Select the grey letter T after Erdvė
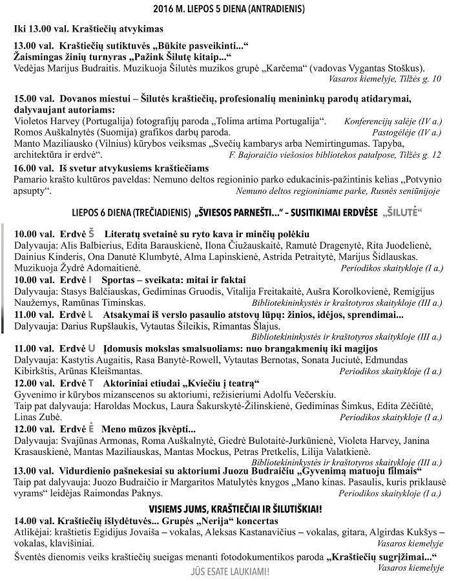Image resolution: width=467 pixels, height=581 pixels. pyautogui.click(x=90, y=383)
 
